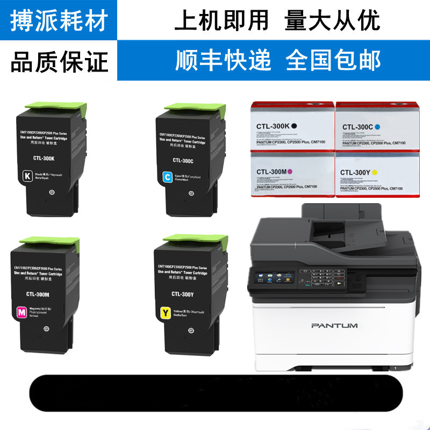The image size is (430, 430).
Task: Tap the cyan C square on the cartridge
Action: [x=167, y=176]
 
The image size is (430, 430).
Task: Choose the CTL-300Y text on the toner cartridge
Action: [x=183, y=293]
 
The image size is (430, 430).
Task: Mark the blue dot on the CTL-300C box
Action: [x=378, y=127]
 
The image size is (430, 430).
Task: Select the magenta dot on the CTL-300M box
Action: [x=290, y=171]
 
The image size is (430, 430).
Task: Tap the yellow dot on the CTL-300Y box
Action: [x=374, y=172]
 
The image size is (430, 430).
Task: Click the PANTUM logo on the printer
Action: [x=334, y=326]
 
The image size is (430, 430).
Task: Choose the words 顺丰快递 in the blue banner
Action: [x=224, y=60]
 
